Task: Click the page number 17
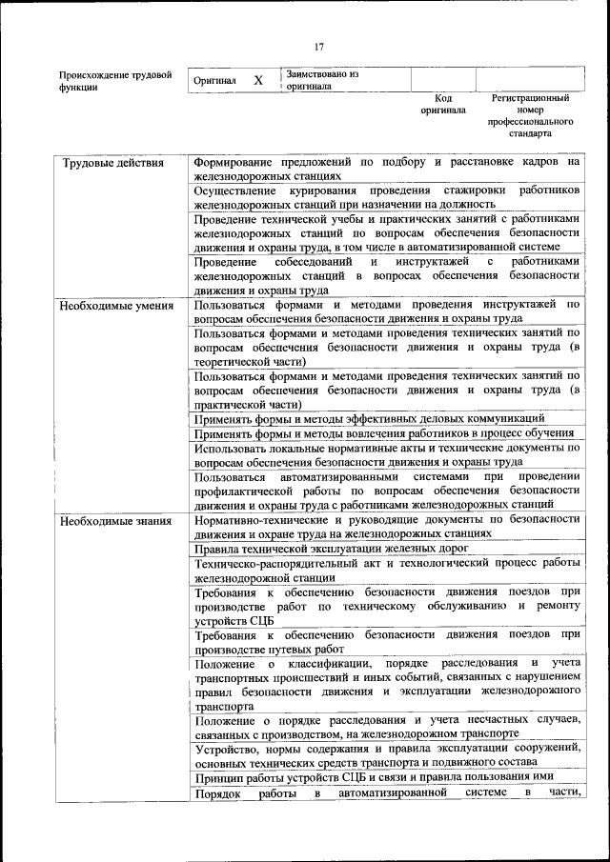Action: coord(319,47)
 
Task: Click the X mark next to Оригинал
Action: coord(257,81)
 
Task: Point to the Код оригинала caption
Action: coord(442,104)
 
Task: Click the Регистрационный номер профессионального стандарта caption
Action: coord(530,115)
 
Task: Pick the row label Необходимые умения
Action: coord(115,306)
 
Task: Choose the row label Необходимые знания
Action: coord(114,520)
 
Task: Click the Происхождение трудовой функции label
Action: coord(115,80)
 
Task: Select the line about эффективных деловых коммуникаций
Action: coord(369,418)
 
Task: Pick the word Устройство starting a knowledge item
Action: coord(224,750)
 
